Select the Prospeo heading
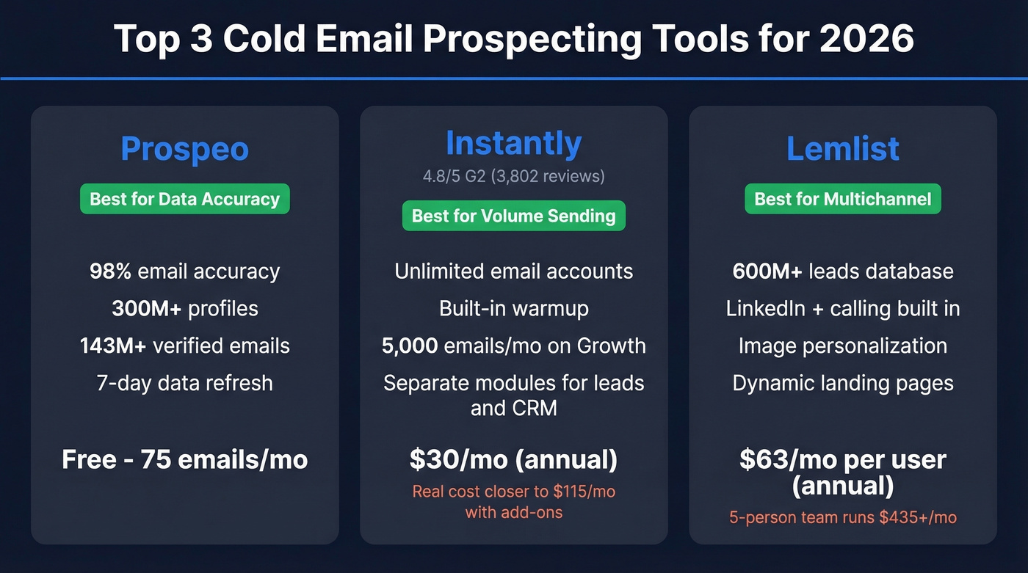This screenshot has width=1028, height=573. coord(184,149)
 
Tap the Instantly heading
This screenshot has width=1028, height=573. coord(513,143)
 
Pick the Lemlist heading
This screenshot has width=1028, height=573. coord(842,149)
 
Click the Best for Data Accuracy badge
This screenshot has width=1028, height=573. coord(184,199)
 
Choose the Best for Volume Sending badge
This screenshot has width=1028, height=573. coord(513,216)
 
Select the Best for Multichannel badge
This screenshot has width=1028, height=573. coord(842,199)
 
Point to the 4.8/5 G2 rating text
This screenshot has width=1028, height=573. coord(513,176)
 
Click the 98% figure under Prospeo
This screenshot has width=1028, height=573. coord(110,271)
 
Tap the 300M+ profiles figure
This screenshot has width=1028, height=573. coord(147,308)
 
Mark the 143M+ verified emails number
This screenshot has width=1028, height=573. coord(113,346)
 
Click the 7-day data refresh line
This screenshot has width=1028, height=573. coord(184,383)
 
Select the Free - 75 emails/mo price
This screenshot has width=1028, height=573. coord(184,460)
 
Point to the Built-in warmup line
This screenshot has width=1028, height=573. coord(513,308)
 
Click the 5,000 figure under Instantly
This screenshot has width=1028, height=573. coord(410,346)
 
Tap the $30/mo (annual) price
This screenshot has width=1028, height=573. coord(513,460)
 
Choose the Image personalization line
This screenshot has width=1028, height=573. coord(842,346)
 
